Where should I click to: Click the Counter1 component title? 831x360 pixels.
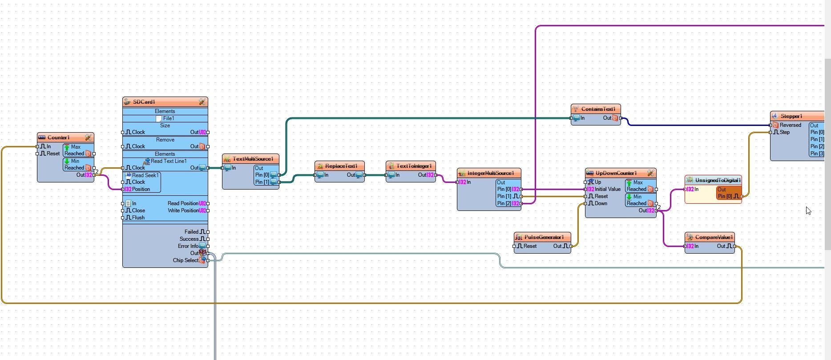58,138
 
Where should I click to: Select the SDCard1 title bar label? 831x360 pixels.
144,102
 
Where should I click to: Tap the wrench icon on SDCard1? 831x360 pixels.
202,102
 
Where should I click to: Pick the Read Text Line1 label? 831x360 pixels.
169,161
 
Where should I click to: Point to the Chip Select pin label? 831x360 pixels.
186,260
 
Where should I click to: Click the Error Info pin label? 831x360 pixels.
188,246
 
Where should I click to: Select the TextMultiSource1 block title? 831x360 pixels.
253,159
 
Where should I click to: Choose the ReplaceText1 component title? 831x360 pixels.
341,166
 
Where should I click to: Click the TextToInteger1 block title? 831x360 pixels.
414,166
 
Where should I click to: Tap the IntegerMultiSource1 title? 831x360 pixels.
491,173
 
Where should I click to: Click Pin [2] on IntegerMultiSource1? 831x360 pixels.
504,203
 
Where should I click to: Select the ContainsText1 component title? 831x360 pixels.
598,109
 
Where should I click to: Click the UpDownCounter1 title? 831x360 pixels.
616,173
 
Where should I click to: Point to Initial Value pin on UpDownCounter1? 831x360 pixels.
607,189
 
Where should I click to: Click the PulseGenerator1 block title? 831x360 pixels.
544,237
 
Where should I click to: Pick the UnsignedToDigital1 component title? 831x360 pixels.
718,180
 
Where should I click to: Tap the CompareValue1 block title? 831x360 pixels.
714,237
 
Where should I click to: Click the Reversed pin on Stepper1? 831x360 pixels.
790,125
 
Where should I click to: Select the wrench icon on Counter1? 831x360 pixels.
88,138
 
